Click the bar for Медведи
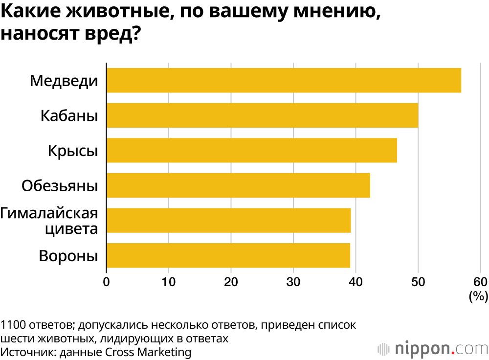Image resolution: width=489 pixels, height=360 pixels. [284, 80]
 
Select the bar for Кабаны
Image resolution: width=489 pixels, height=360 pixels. [262, 115]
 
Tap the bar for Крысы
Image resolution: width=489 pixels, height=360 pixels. [251, 150]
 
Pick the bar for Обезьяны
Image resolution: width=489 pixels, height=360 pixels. [238, 185]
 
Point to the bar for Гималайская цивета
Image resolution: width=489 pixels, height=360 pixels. [228, 220]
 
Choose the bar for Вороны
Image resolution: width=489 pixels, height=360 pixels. [228, 255]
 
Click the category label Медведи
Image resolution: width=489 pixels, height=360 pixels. [64, 80]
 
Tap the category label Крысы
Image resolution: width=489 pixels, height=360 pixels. [73, 150]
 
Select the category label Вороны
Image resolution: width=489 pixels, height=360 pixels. [68, 256]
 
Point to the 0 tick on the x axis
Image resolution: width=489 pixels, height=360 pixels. [107, 281]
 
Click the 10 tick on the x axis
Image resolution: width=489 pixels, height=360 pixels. [169, 281]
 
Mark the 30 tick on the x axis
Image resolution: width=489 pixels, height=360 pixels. [293, 281]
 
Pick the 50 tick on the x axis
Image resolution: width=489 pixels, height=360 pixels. [418, 281]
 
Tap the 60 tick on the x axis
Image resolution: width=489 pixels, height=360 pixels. [480, 281]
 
